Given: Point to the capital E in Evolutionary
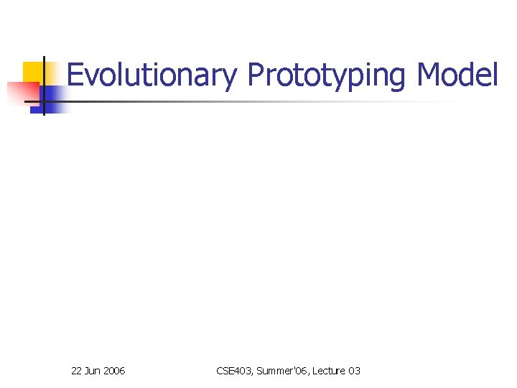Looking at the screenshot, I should point(75,75).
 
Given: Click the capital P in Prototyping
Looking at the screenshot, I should point(255,75).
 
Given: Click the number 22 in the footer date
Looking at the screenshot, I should point(77,371).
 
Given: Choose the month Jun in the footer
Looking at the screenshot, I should point(93,371).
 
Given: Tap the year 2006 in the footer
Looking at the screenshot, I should point(114,371).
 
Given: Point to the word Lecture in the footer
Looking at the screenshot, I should point(327,371).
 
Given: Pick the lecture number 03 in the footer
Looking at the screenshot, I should point(354,371).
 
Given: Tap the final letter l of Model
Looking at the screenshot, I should point(494,74).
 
